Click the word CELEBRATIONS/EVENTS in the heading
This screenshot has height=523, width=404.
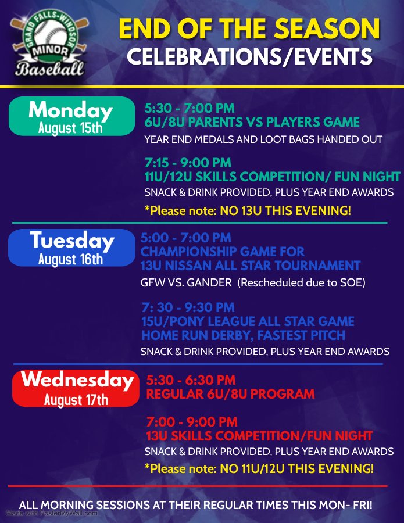[x=249, y=56]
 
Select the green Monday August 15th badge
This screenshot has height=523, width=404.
[x=71, y=116]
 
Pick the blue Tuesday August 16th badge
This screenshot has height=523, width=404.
[x=71, y=247]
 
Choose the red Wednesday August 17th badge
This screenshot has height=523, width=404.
[x=76, y=388]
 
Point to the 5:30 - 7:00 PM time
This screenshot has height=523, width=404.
[x=190, y=108]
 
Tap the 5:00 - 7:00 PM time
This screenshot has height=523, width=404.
[x=186, y=238]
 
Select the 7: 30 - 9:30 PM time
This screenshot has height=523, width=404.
[x=188, y=307]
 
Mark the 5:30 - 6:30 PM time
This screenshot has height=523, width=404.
[x=191, y=381]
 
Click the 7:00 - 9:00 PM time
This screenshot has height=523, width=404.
[x=192, y=422]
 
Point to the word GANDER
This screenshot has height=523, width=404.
[x=211, y=283]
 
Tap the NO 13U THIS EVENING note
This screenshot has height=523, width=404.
[x=285, y=210]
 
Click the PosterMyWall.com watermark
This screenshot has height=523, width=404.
[x=52, y=514]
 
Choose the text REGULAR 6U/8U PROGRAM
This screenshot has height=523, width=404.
[x=231, y=394]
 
